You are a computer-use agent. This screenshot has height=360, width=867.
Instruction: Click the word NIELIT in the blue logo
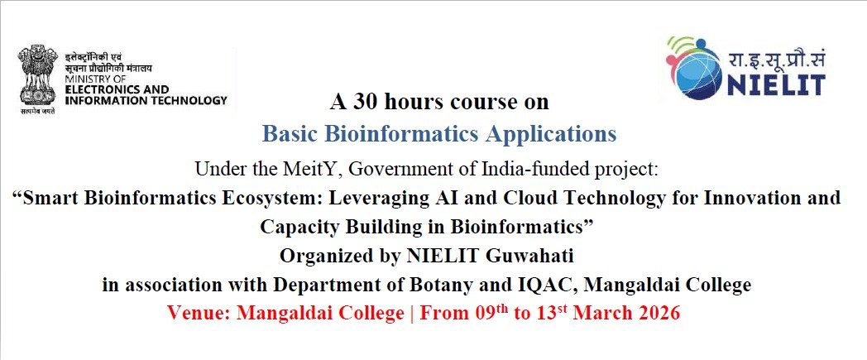(775, 84)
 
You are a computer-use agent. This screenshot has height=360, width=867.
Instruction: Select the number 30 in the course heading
(364, 102)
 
